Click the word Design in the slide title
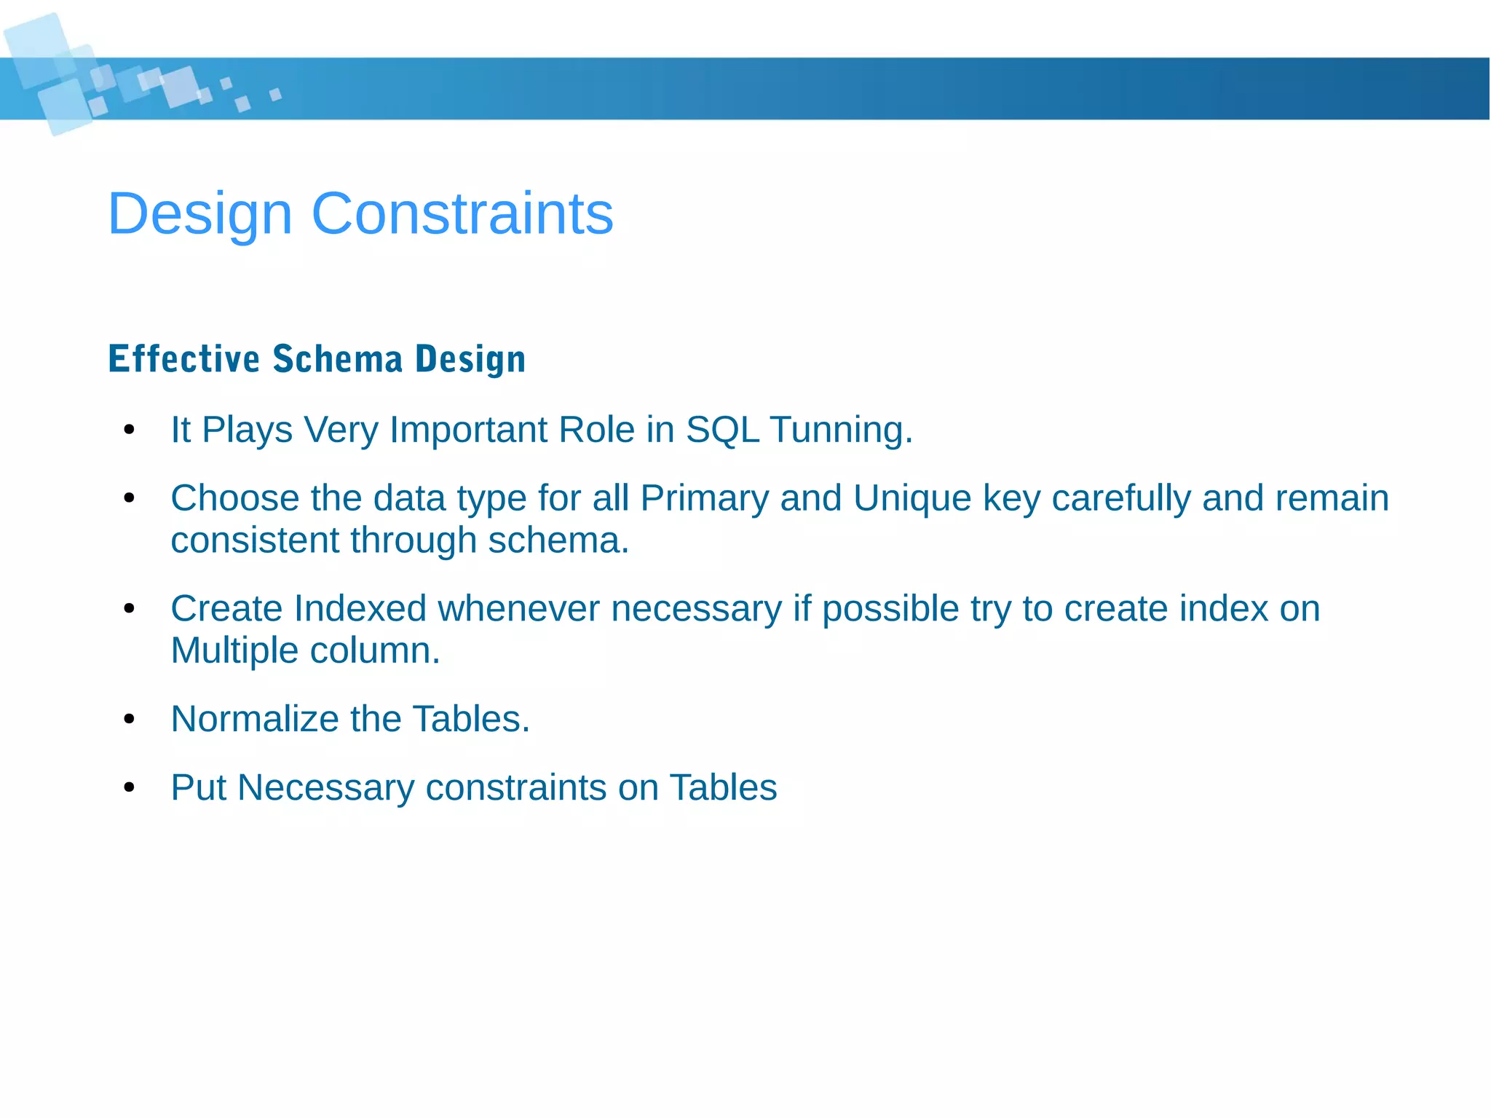click(199, 214)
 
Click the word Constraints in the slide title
click(462, 214)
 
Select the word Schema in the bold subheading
click(338, 359)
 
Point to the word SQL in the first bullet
click(722, 430)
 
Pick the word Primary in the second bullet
click(704, 499)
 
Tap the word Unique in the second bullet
click(912, 499)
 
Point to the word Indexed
click(360, 609)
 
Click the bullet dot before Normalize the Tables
click(130, 720)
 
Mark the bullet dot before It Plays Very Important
click(130, 430)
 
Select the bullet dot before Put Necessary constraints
click(130, 788)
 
